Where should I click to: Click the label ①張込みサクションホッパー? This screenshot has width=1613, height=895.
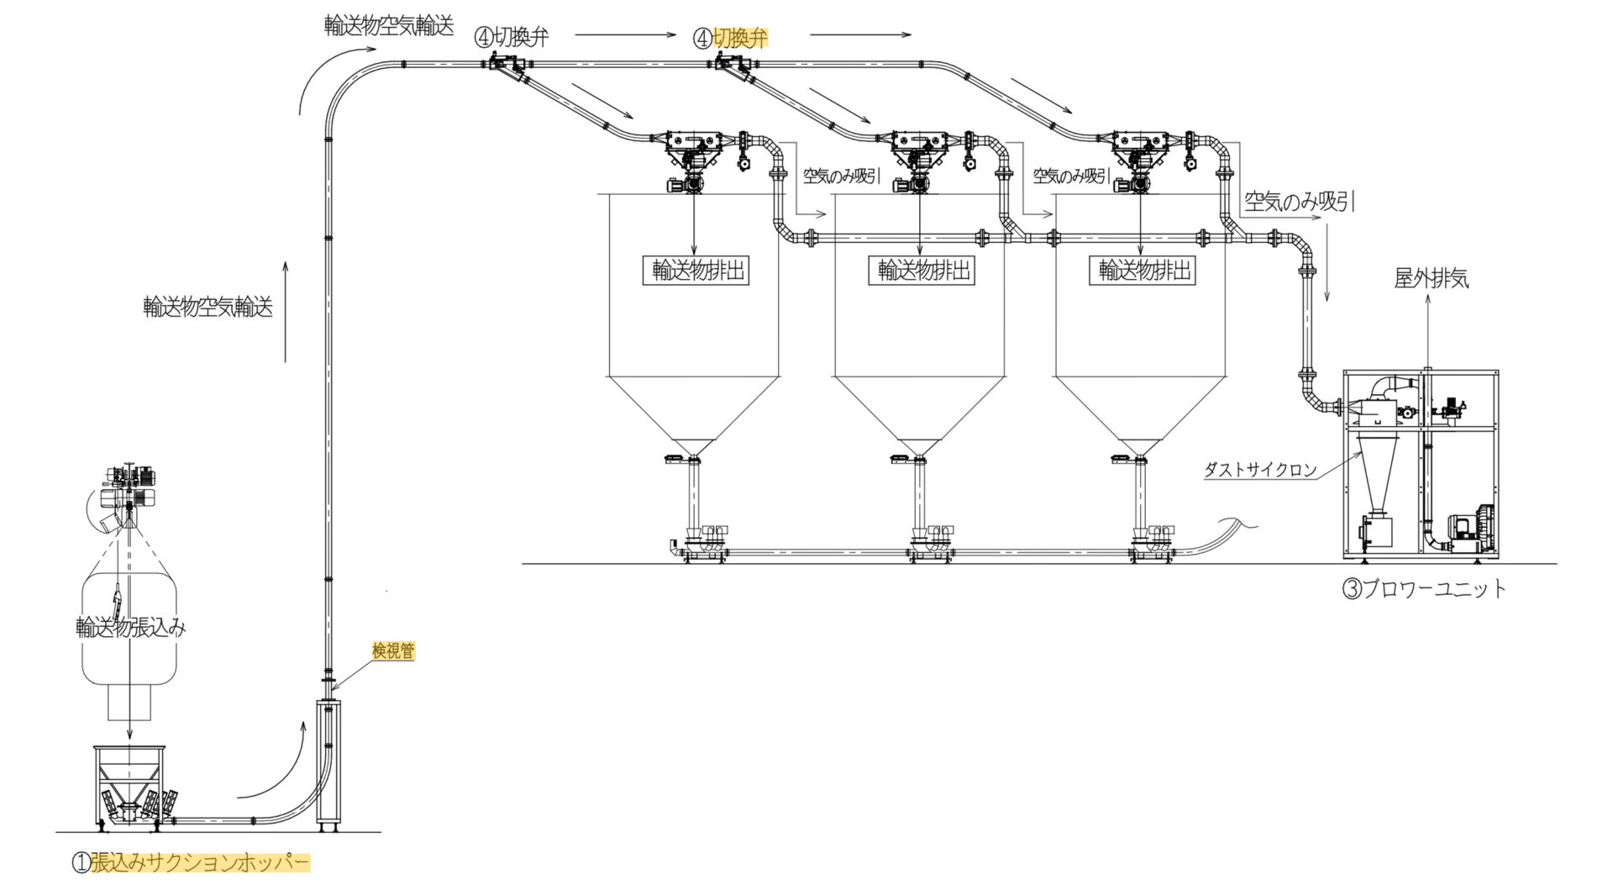(191, 863)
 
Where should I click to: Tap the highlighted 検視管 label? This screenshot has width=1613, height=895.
(393, 651)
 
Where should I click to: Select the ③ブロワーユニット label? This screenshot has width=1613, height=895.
(1424, 588)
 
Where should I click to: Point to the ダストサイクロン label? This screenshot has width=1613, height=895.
(1259, 470)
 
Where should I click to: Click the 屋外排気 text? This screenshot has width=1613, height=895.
(1431, 279)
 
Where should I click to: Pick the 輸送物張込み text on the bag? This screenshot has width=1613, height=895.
(130, 627)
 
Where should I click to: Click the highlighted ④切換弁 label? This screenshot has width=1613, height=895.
(730, 38)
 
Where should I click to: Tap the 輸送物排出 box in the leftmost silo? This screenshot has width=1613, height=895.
(695, 271)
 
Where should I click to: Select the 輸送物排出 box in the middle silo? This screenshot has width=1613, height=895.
(922, 271)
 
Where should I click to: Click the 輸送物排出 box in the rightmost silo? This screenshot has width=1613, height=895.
(1142, 271)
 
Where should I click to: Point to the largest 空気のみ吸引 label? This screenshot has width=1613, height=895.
(1299, 202)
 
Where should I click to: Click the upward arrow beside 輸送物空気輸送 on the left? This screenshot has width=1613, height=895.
(285, 311)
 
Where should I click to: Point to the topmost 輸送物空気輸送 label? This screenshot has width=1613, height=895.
(388, 25)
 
